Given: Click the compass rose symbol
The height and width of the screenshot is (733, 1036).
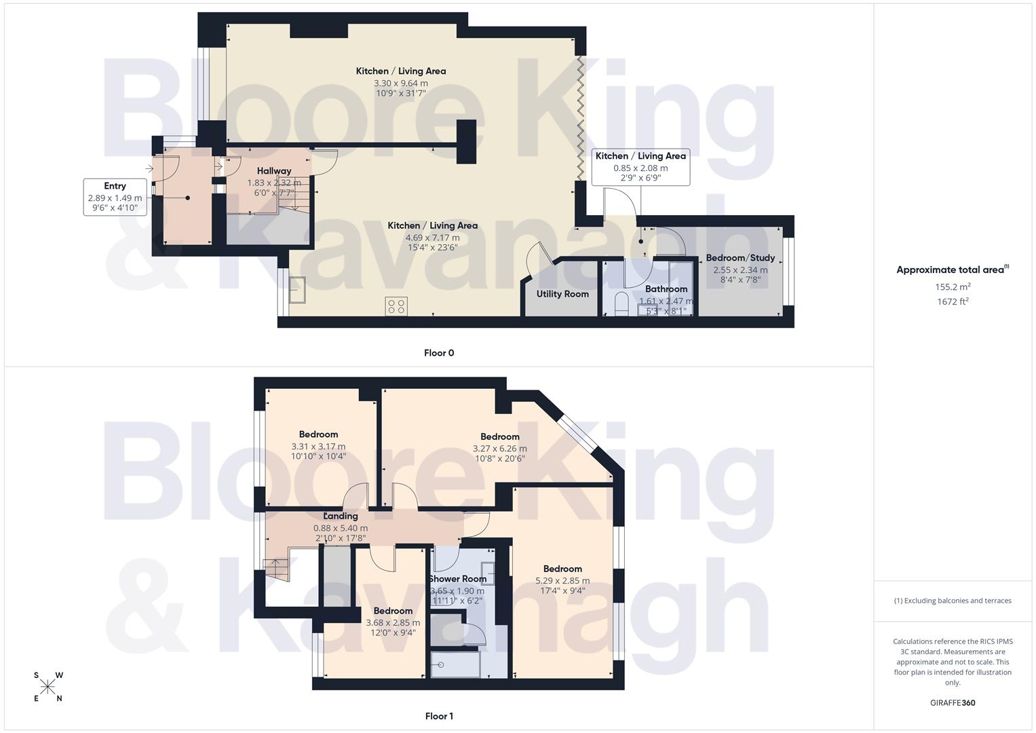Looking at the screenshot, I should click(x=47, y=686).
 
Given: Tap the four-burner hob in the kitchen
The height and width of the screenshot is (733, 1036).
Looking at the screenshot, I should click(x=396, y=306).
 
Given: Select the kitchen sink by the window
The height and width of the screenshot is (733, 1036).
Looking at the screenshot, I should click(x=296, y=290).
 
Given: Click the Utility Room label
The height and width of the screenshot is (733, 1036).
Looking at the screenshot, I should click(x=562, y=294).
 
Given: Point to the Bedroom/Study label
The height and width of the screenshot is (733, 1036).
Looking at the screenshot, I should click(x=740, y=258).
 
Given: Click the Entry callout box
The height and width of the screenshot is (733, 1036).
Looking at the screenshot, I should click(x=115, y=197).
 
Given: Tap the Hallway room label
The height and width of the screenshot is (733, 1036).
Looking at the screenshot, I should click(x=274, y=171).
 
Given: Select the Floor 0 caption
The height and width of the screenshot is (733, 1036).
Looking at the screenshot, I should click(x=438, y=353).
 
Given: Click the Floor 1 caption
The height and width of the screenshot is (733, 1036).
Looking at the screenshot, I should click(x=438, y=716).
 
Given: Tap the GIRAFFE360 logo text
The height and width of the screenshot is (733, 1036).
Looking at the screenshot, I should click(x=953, y=702).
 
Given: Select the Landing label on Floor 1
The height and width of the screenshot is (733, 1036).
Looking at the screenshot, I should click(x=341, y=516).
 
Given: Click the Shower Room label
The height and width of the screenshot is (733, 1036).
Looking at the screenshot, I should click(x=458, y=579).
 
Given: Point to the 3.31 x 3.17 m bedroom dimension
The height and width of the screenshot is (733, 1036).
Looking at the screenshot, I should click(x=318, y=446).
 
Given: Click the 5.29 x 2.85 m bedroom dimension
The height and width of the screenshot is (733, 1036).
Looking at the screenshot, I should click(x=562, y=580).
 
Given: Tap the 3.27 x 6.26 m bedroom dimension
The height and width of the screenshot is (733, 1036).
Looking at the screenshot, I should click(x=499, y=448).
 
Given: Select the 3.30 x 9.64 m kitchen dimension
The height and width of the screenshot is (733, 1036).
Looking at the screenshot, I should click(x=401, y=83).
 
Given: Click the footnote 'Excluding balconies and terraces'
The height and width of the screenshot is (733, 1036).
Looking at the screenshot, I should click(x=953, y=601).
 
